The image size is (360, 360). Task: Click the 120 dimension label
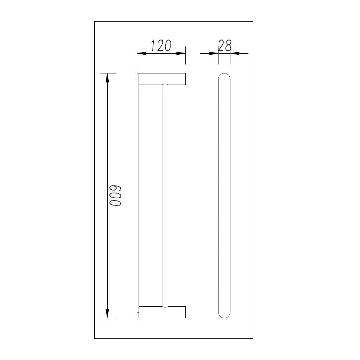[x=161, y=46]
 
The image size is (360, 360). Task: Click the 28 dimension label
[x=224, y=46]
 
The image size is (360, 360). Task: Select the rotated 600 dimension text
[x=116, y=196]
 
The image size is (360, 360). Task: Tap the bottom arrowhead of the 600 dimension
[x=107, y=314]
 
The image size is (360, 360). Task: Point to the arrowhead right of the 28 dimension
[x=234, y=53]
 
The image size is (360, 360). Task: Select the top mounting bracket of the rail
[x=162, y=79]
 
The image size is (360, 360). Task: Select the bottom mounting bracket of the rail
[x=162, y=312]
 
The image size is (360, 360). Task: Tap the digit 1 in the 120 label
[x=152, y=46]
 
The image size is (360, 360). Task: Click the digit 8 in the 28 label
[x=228, y=46]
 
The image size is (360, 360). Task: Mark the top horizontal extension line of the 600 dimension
[x=108, y=73]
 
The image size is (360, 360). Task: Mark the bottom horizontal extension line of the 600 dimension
[x=108, y=318]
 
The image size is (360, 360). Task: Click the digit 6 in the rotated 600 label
[x=116, y=189]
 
